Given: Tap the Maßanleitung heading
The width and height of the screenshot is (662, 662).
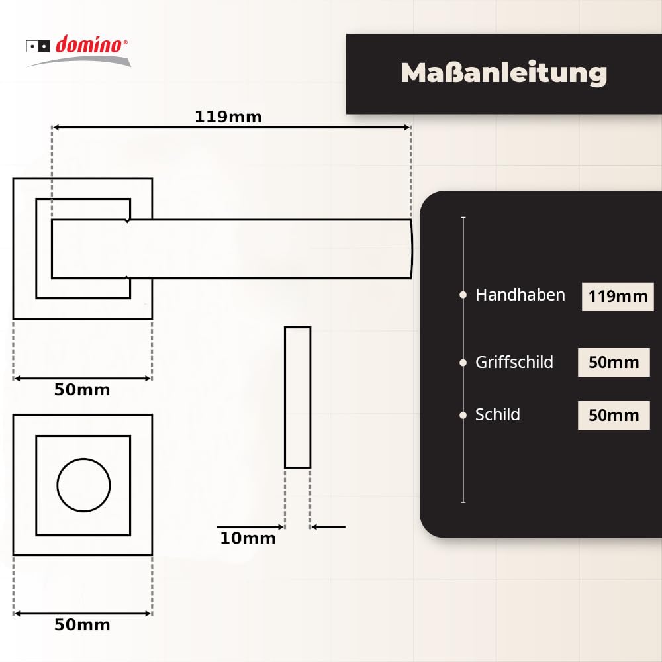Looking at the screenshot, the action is click(x=504, y=73).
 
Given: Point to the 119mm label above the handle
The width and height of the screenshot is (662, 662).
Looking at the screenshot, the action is click(x=228, y=117).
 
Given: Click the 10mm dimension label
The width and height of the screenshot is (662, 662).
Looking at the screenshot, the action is click(x=248, y=538).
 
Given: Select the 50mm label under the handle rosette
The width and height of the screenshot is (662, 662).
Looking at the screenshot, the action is click(x=82, y=389).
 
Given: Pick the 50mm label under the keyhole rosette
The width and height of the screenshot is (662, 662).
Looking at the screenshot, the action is click(x=82, y=624).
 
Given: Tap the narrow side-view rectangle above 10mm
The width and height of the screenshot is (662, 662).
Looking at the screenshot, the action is click(x=297, y=397).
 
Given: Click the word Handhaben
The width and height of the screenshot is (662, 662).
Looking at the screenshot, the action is click(x=520, y=295).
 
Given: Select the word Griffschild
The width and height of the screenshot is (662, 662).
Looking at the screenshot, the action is click(x=514, y=362).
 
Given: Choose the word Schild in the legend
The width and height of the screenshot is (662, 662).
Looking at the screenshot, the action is click(x=498, y=415).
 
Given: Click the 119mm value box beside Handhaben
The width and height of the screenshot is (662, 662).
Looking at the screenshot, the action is click(x=618, y=296).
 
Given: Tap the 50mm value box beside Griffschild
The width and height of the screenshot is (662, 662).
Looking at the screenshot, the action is click(x=614, y=363).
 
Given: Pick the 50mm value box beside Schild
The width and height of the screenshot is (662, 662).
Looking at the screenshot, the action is click(x=614, y=416).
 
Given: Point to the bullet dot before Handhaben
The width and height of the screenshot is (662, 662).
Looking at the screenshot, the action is click(x=463, y=295).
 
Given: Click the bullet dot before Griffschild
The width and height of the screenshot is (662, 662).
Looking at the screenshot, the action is click(x=463, y=362).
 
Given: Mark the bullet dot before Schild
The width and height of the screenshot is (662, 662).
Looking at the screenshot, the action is click(x=463, y=415).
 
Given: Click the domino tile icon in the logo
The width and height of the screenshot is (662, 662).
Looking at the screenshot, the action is click(x=38, y=46).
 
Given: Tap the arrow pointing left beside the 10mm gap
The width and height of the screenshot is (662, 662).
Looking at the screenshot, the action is click(x=328, y=527).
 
